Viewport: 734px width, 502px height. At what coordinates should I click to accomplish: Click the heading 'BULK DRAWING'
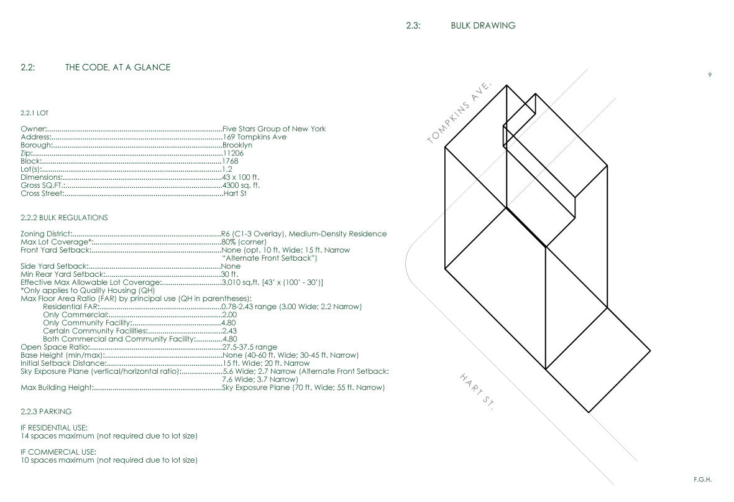483,26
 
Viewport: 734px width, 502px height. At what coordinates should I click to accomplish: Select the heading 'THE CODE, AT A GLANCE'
117,67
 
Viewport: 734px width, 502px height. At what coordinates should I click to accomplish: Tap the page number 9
710,75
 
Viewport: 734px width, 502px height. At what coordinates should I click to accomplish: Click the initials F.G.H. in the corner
702,479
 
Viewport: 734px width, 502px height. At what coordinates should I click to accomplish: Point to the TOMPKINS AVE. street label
460,112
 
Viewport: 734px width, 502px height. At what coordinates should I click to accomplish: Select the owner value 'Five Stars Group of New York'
273,129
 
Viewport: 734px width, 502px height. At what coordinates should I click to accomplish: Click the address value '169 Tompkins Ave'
254,137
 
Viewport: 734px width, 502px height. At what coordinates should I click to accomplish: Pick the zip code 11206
232,153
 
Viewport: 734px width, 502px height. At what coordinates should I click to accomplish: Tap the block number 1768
230,161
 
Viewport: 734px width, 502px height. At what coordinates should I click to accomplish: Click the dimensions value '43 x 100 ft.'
241,177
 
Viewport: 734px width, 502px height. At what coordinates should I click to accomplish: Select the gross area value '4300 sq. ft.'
241,185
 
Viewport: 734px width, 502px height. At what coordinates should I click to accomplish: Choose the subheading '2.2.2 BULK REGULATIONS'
64,218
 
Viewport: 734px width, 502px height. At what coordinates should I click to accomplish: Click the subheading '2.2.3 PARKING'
46,411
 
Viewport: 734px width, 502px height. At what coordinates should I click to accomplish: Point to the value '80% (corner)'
244,242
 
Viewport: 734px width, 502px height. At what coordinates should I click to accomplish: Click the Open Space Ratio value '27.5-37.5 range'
249,347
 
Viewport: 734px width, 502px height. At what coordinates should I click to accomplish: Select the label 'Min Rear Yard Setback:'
61,274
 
